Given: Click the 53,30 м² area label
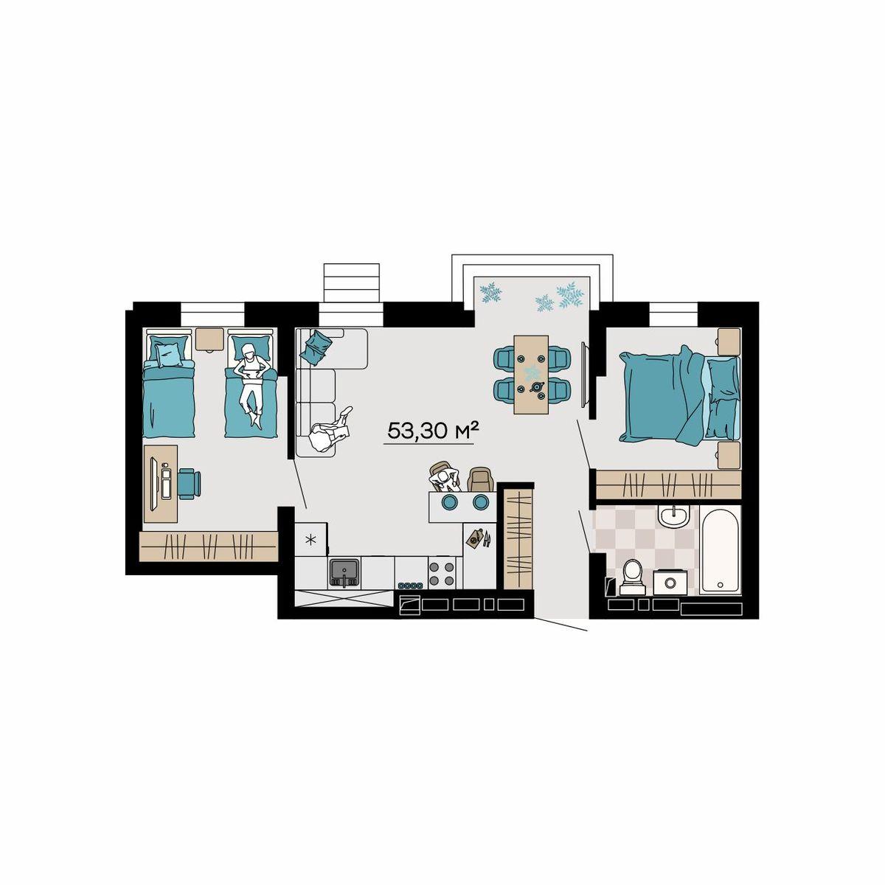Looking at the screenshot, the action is (427, 431).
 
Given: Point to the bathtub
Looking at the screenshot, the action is (719, 551).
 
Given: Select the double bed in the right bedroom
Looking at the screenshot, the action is (679, 395).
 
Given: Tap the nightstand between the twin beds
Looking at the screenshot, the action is (209, 339).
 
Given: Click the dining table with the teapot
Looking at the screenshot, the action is (531, 375).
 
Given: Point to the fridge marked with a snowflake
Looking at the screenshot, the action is (311, 539).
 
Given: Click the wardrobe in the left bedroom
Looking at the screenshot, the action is (209, 546).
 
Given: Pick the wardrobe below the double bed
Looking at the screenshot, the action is (669, 484).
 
